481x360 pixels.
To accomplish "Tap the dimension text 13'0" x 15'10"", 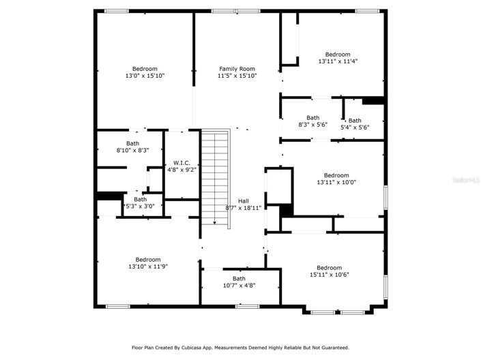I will (145, 76).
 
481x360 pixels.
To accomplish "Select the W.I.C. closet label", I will (181, 162).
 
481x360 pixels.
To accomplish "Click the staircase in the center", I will (214, 177).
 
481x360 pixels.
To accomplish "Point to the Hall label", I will (243, 201).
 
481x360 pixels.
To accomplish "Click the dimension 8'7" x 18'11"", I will (244, 208).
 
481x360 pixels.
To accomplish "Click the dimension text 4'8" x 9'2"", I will (181, 169).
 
